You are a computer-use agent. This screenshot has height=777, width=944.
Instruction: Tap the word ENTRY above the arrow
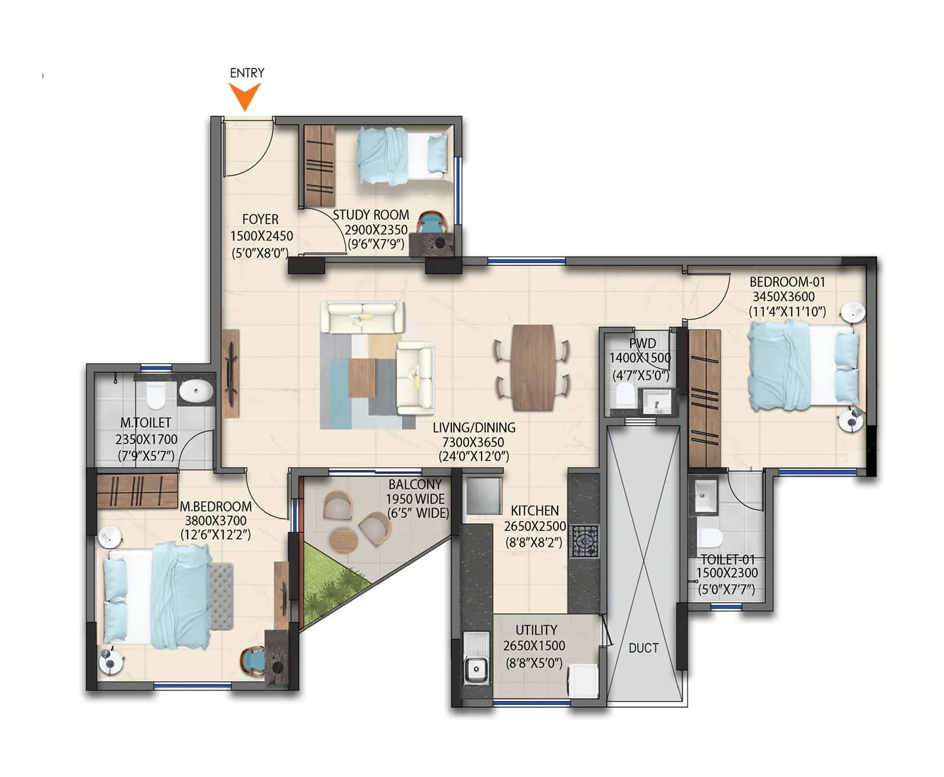(x=247, y=73)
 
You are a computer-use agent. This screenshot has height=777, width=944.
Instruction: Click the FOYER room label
(x=260, y=219)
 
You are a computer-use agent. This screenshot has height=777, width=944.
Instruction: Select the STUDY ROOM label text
(x=371, y=215)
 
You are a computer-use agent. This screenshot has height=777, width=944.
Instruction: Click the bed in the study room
(x=401, y=155)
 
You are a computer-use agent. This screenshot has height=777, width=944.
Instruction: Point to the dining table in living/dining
(x=533, y=367)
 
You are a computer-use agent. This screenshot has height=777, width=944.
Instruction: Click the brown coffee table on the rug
(x=362, y=378)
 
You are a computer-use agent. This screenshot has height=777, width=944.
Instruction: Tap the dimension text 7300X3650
(x=473, y=442)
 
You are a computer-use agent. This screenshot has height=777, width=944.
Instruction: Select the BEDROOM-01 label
(x=787, y=282)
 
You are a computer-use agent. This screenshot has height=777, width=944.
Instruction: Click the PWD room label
(x=642, y=343)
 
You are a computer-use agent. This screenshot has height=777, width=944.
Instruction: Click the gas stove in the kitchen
(x=585, y=541)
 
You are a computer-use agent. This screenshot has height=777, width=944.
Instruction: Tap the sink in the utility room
(x=476, y=669)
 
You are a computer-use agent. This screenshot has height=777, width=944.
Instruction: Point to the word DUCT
(x=643, y=648)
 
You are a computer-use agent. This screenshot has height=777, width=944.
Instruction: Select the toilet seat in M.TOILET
(x=156, y=395)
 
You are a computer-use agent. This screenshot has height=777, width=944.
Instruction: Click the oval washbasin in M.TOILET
(x=196, y=391)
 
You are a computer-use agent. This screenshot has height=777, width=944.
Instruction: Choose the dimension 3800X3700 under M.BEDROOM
(x=215, y=520)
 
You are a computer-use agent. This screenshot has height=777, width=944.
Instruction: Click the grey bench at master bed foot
(x=221, y=596)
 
